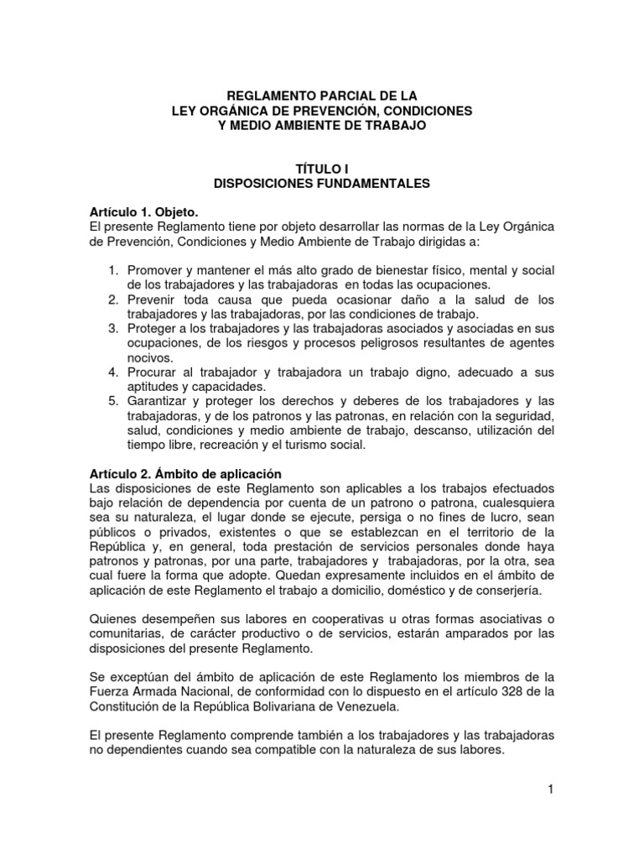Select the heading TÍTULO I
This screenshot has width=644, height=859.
point(322,168)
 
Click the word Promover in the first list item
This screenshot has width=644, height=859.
point(155,270)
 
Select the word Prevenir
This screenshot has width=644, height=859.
point(153,299)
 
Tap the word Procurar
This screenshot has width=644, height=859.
point(154,372)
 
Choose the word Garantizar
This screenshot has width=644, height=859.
point(158,401)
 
